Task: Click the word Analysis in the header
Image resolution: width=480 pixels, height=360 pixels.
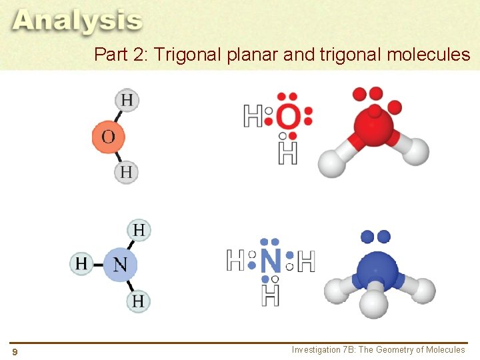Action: click(x=77, y=21)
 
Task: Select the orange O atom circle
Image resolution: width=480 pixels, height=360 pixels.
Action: click(x=108, y=137)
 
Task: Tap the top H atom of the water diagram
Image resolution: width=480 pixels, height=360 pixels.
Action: click(x=127, y=101)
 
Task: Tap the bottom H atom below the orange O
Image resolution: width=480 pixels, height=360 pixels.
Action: click(x=126, y=173)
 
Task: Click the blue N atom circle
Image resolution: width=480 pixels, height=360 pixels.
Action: click(x=120, y=264)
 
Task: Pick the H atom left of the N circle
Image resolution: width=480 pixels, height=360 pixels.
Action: click(x=81, y=263)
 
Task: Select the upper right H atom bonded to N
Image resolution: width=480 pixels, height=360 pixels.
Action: click(x=139, y=231)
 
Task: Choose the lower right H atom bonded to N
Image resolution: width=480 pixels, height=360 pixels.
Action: click(x=138, y=301)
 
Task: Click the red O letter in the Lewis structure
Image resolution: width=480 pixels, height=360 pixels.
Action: click(x=288, y=119)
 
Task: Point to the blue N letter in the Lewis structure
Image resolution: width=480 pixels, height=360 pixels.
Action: click(x=271, y=261)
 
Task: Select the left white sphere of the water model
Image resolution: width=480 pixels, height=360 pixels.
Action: click(x=331, y=163)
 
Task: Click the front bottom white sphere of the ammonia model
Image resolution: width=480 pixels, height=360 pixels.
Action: click(x=374, y=303)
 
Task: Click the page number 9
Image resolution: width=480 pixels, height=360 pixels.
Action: click(x=15, y=351)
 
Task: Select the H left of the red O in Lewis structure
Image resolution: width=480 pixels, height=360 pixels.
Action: click(x=253, y=117)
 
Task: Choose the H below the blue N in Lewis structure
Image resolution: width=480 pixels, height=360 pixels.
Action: click(x=271, y=294)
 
